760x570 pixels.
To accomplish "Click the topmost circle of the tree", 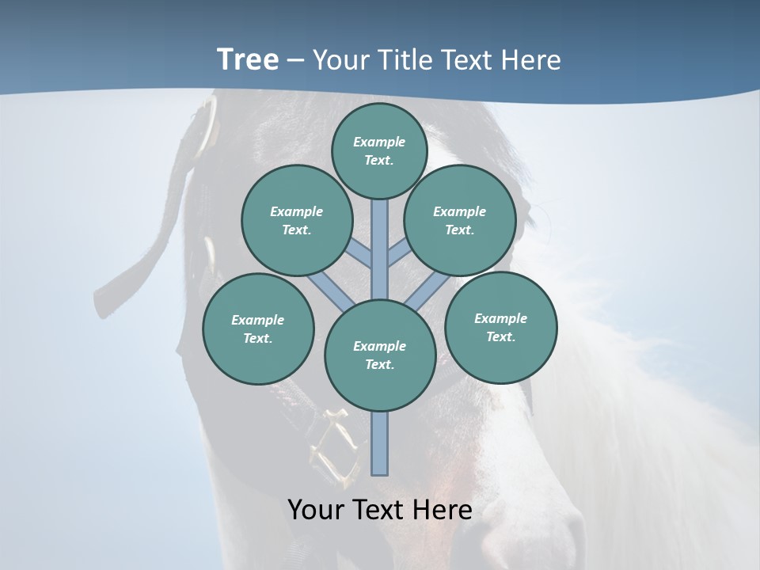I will [379, 150].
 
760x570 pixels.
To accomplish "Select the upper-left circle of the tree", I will [296, 220].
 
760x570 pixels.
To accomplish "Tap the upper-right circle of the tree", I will [460, 220].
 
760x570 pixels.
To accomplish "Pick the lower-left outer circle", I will [258, 329].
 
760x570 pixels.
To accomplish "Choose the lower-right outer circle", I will [500, 327].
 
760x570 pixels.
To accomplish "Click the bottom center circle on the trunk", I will [380, 355].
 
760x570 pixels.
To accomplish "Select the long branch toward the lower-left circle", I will [331, 290].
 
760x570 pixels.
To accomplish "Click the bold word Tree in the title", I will [248, 59].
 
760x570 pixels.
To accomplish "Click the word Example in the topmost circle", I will [379, 142].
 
